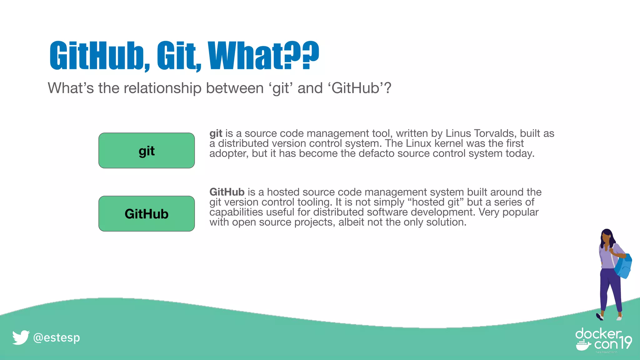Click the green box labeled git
pos(147,151)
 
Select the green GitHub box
pos(147,214)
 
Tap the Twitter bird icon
pos(21,337)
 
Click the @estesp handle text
pos(57,338)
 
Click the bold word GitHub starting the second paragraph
pos(227,192)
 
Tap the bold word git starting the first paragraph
pos(216,133)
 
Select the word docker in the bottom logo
pos(598,334)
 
